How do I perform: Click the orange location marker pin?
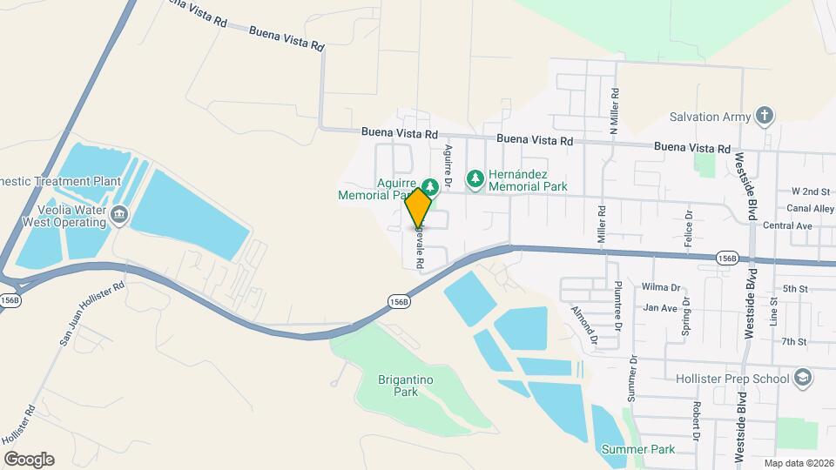click(x=419, y=206)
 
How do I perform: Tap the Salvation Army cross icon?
click(x=765, y=116)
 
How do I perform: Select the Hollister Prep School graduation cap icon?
click(x=802, y=378)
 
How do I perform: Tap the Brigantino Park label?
click(x=406, y=386)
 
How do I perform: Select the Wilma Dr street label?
click(x=661, y=287)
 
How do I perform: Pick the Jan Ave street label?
click(x=660, y=308)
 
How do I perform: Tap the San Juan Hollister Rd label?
click(x=92, y=314)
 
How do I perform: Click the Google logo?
click(x=29, y=460)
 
